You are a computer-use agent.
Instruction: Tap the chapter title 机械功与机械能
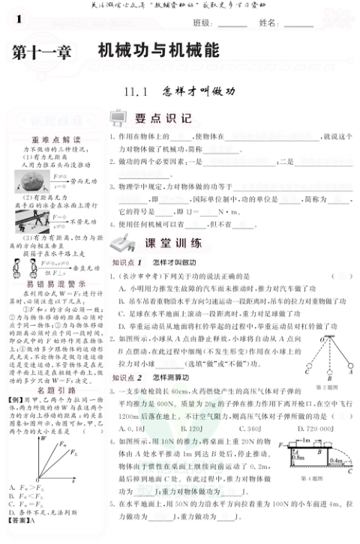pos(159,50)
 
